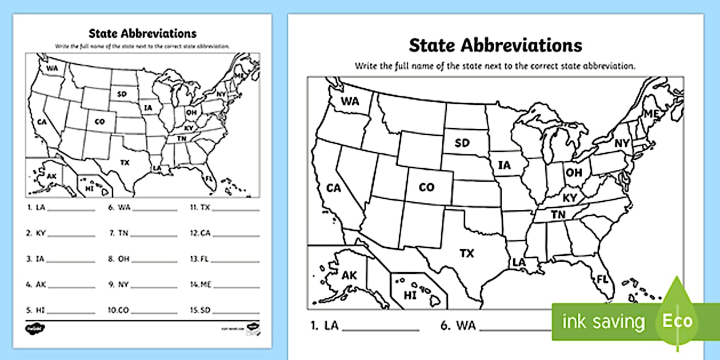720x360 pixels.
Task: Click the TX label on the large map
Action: click(x=467, y=253)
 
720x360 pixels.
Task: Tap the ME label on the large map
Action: click(x=651, y=114)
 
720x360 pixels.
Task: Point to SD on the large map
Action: click(x=462, y=143)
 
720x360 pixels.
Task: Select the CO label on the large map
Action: click(x=426, y=187)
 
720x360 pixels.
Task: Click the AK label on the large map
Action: click(x=349, y=275)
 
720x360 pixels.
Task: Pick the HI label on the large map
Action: click(x=410, y=295)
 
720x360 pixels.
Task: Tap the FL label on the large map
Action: click(x=602, y=279)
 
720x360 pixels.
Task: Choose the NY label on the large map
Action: click(x=622, y=143)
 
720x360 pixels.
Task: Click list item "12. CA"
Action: click(x=201, y=233)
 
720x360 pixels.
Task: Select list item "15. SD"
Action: click(x=201, y=310)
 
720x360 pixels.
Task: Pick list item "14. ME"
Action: click(x=201, y=284)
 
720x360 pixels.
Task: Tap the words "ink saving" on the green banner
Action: click(x=603, y=322)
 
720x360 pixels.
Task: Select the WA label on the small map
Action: click(x=53, y=69)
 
